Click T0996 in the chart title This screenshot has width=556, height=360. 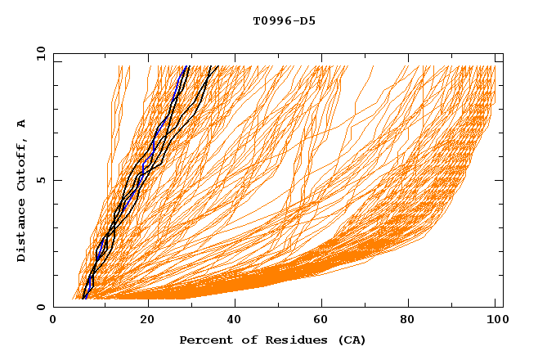tap(269, 20)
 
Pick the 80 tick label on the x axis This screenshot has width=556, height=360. tap(407, 321)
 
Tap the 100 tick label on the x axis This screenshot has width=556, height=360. tap(495, 321)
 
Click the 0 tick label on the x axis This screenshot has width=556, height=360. tap(54, 321)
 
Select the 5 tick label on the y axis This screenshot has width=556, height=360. tap(38, 180)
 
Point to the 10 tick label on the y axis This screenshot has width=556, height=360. tap(37, 53)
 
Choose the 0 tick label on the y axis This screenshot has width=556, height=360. tap(38, 307)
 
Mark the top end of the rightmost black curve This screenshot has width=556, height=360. tap(217, 66)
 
